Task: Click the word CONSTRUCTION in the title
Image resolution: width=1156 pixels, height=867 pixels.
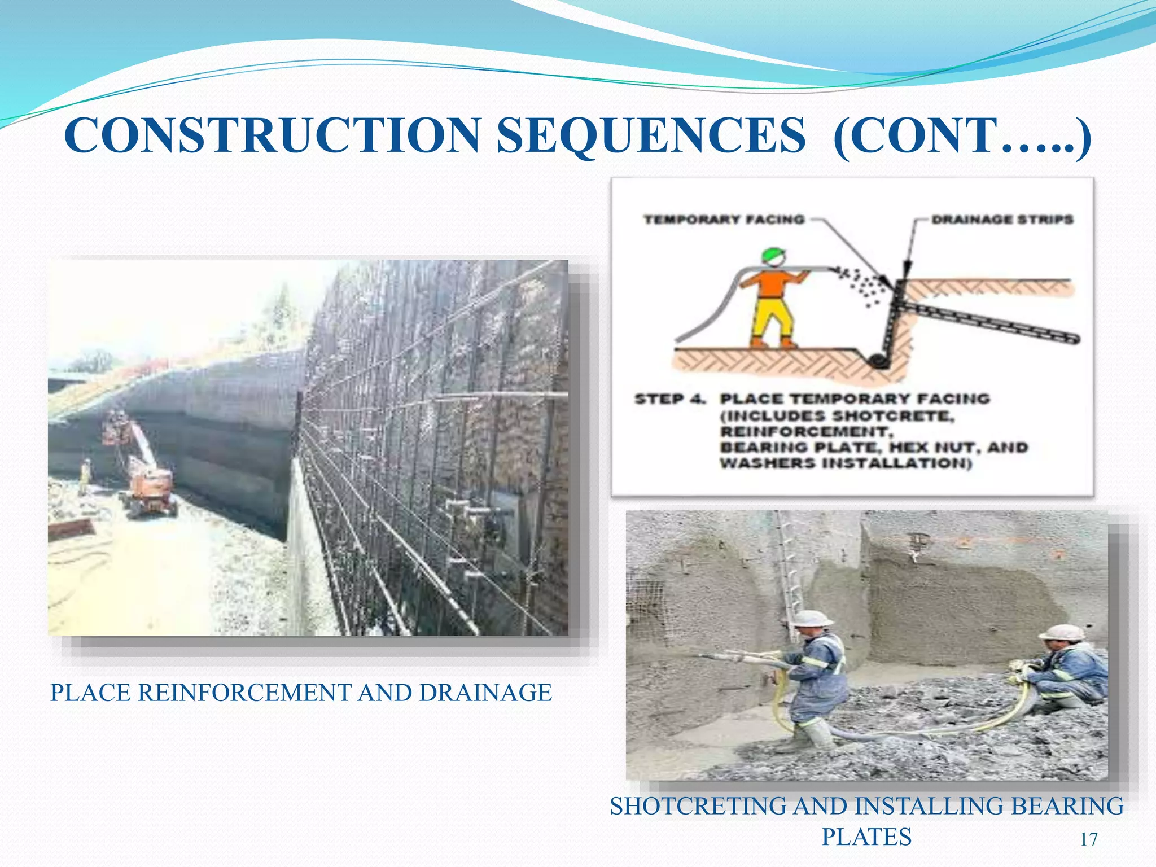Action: click(x=272, y=135)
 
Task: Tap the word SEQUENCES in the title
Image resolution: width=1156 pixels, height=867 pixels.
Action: click(x=651, y=135)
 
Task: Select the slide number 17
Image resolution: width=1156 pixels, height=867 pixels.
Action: click(x=1089, y=839)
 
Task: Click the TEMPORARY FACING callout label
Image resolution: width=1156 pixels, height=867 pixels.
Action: click(x=724, y=220)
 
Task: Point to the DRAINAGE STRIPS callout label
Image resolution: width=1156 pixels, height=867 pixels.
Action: click(x=1002, y=220)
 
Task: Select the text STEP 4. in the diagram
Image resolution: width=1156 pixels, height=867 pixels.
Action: click(x=670, y=399)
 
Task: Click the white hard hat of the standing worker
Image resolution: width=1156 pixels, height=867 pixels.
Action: click(x=813, y=618)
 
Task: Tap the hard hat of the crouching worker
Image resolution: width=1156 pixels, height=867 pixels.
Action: click(x=1062, y=632)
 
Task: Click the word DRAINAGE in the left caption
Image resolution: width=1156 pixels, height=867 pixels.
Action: click(x=485, y=693)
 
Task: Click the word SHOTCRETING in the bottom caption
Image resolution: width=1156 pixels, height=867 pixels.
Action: click(x=698, y=806)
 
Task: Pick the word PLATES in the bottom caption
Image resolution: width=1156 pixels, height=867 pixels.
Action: click(x=866, y=837)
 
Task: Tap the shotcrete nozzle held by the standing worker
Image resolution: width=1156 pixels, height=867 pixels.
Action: click(x=728, y=658)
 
